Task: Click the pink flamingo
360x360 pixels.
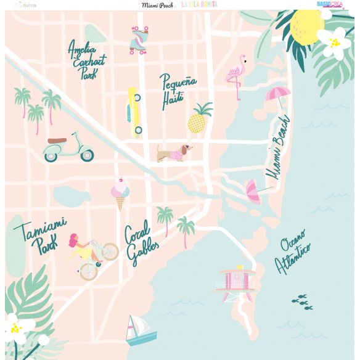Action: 235,75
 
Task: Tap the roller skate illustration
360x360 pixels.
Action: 138,40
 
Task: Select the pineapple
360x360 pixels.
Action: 198,118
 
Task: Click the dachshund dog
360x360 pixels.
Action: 174,152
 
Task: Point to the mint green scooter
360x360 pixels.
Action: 67,147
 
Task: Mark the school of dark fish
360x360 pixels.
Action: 301,301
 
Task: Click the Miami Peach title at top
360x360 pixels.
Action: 157,4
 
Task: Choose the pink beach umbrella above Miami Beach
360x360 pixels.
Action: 277,96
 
